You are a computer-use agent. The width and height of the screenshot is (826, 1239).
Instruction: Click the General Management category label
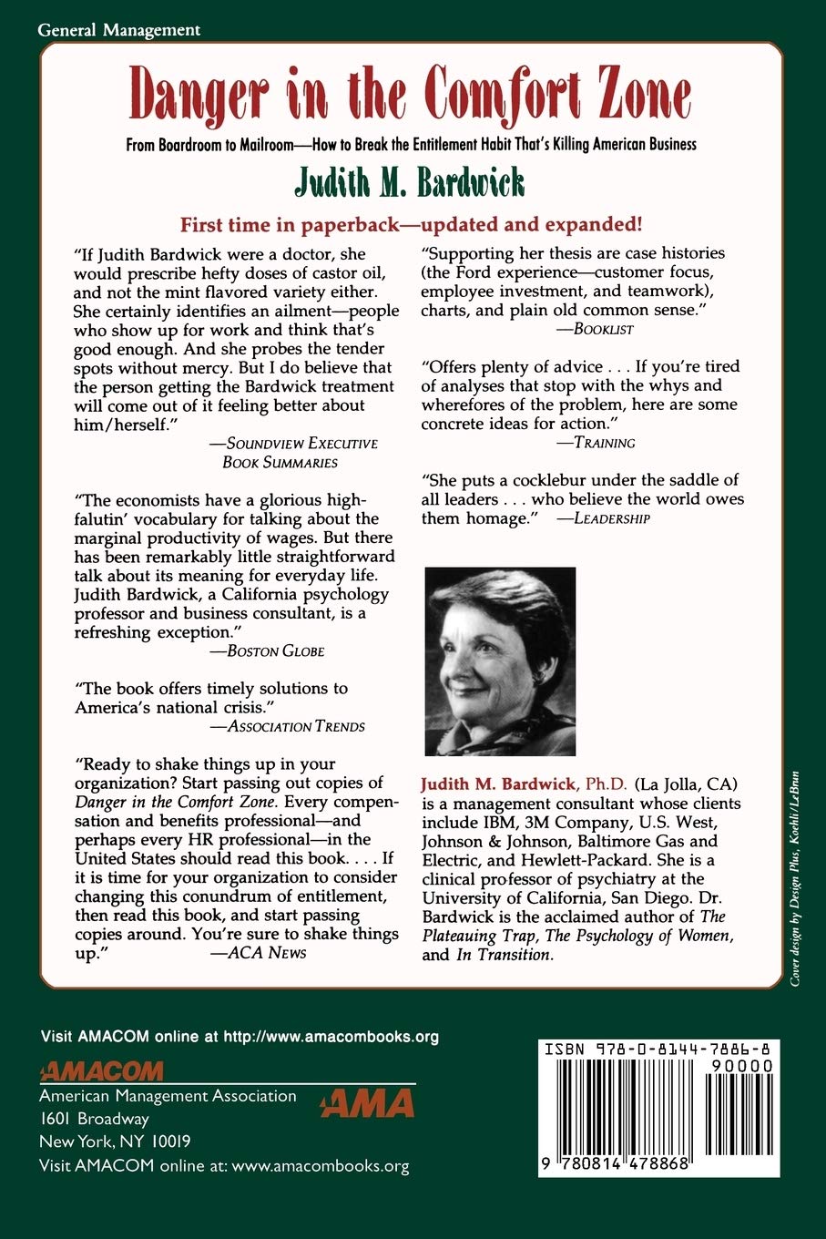coord(119,30)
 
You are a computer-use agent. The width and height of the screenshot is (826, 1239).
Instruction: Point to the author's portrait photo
coord(500,660)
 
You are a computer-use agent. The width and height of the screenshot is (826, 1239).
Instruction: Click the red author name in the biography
coord(497,784)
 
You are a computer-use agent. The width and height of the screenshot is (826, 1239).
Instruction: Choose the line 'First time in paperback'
coord(412,224)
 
